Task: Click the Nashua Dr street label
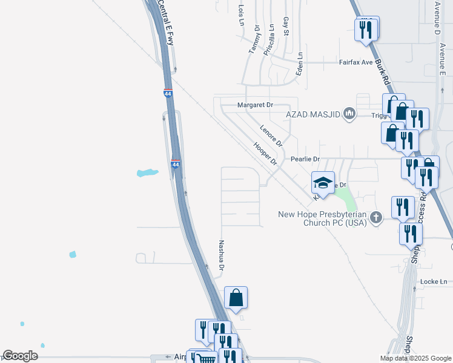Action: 222,255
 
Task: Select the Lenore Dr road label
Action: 271,136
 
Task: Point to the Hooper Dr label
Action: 265,154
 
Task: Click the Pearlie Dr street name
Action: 305,159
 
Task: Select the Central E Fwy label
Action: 165,21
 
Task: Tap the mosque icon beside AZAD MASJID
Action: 349,114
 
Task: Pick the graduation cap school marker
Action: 323,183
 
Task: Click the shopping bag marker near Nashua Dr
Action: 236,298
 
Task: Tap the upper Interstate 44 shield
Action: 168,94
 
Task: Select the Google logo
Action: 20,356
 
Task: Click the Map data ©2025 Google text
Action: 415,358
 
